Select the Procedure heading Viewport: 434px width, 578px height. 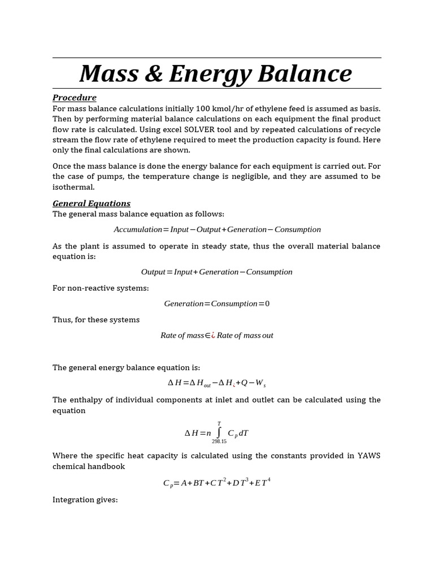[74, 98]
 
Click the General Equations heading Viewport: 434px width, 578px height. [91, 203]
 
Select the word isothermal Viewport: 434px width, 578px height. [73, 187]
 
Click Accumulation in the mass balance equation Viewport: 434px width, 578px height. [138, 230]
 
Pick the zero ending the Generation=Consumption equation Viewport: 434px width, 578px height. [267, 304]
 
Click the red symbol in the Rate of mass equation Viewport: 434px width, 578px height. [213, 335]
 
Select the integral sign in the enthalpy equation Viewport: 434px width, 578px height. [219, 433]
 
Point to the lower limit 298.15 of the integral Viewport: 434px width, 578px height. [219, 441]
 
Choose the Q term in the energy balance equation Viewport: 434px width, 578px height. [244, 383]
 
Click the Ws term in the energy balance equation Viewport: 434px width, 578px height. [260, 383]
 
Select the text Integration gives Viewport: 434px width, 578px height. [85, 500]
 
